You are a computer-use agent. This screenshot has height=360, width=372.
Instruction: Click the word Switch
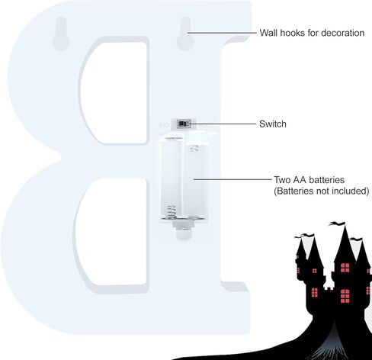(273, 124)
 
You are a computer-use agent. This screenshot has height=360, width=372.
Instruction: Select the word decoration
(342, 33)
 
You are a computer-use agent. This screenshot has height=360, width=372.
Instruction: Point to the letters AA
(300, 180)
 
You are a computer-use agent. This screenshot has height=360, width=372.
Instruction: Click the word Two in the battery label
(282, 180)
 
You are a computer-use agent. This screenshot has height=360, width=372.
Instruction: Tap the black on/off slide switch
(183, 124)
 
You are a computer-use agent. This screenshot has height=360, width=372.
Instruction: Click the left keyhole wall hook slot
(61, 34)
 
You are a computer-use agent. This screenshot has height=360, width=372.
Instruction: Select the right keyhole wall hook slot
(185, 34)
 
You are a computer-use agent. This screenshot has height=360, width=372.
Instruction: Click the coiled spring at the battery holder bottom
(172, 212)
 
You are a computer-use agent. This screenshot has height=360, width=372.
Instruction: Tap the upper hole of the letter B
(115, 93)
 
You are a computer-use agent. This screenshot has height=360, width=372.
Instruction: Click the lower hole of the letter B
(112, 232)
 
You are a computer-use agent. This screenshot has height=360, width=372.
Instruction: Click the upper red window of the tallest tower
(345, 268)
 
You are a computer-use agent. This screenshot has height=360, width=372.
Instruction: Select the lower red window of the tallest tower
(345, 296)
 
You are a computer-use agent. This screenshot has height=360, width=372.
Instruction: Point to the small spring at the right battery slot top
(194, 148)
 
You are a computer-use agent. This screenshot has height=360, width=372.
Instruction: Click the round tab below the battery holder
(183, 234)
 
